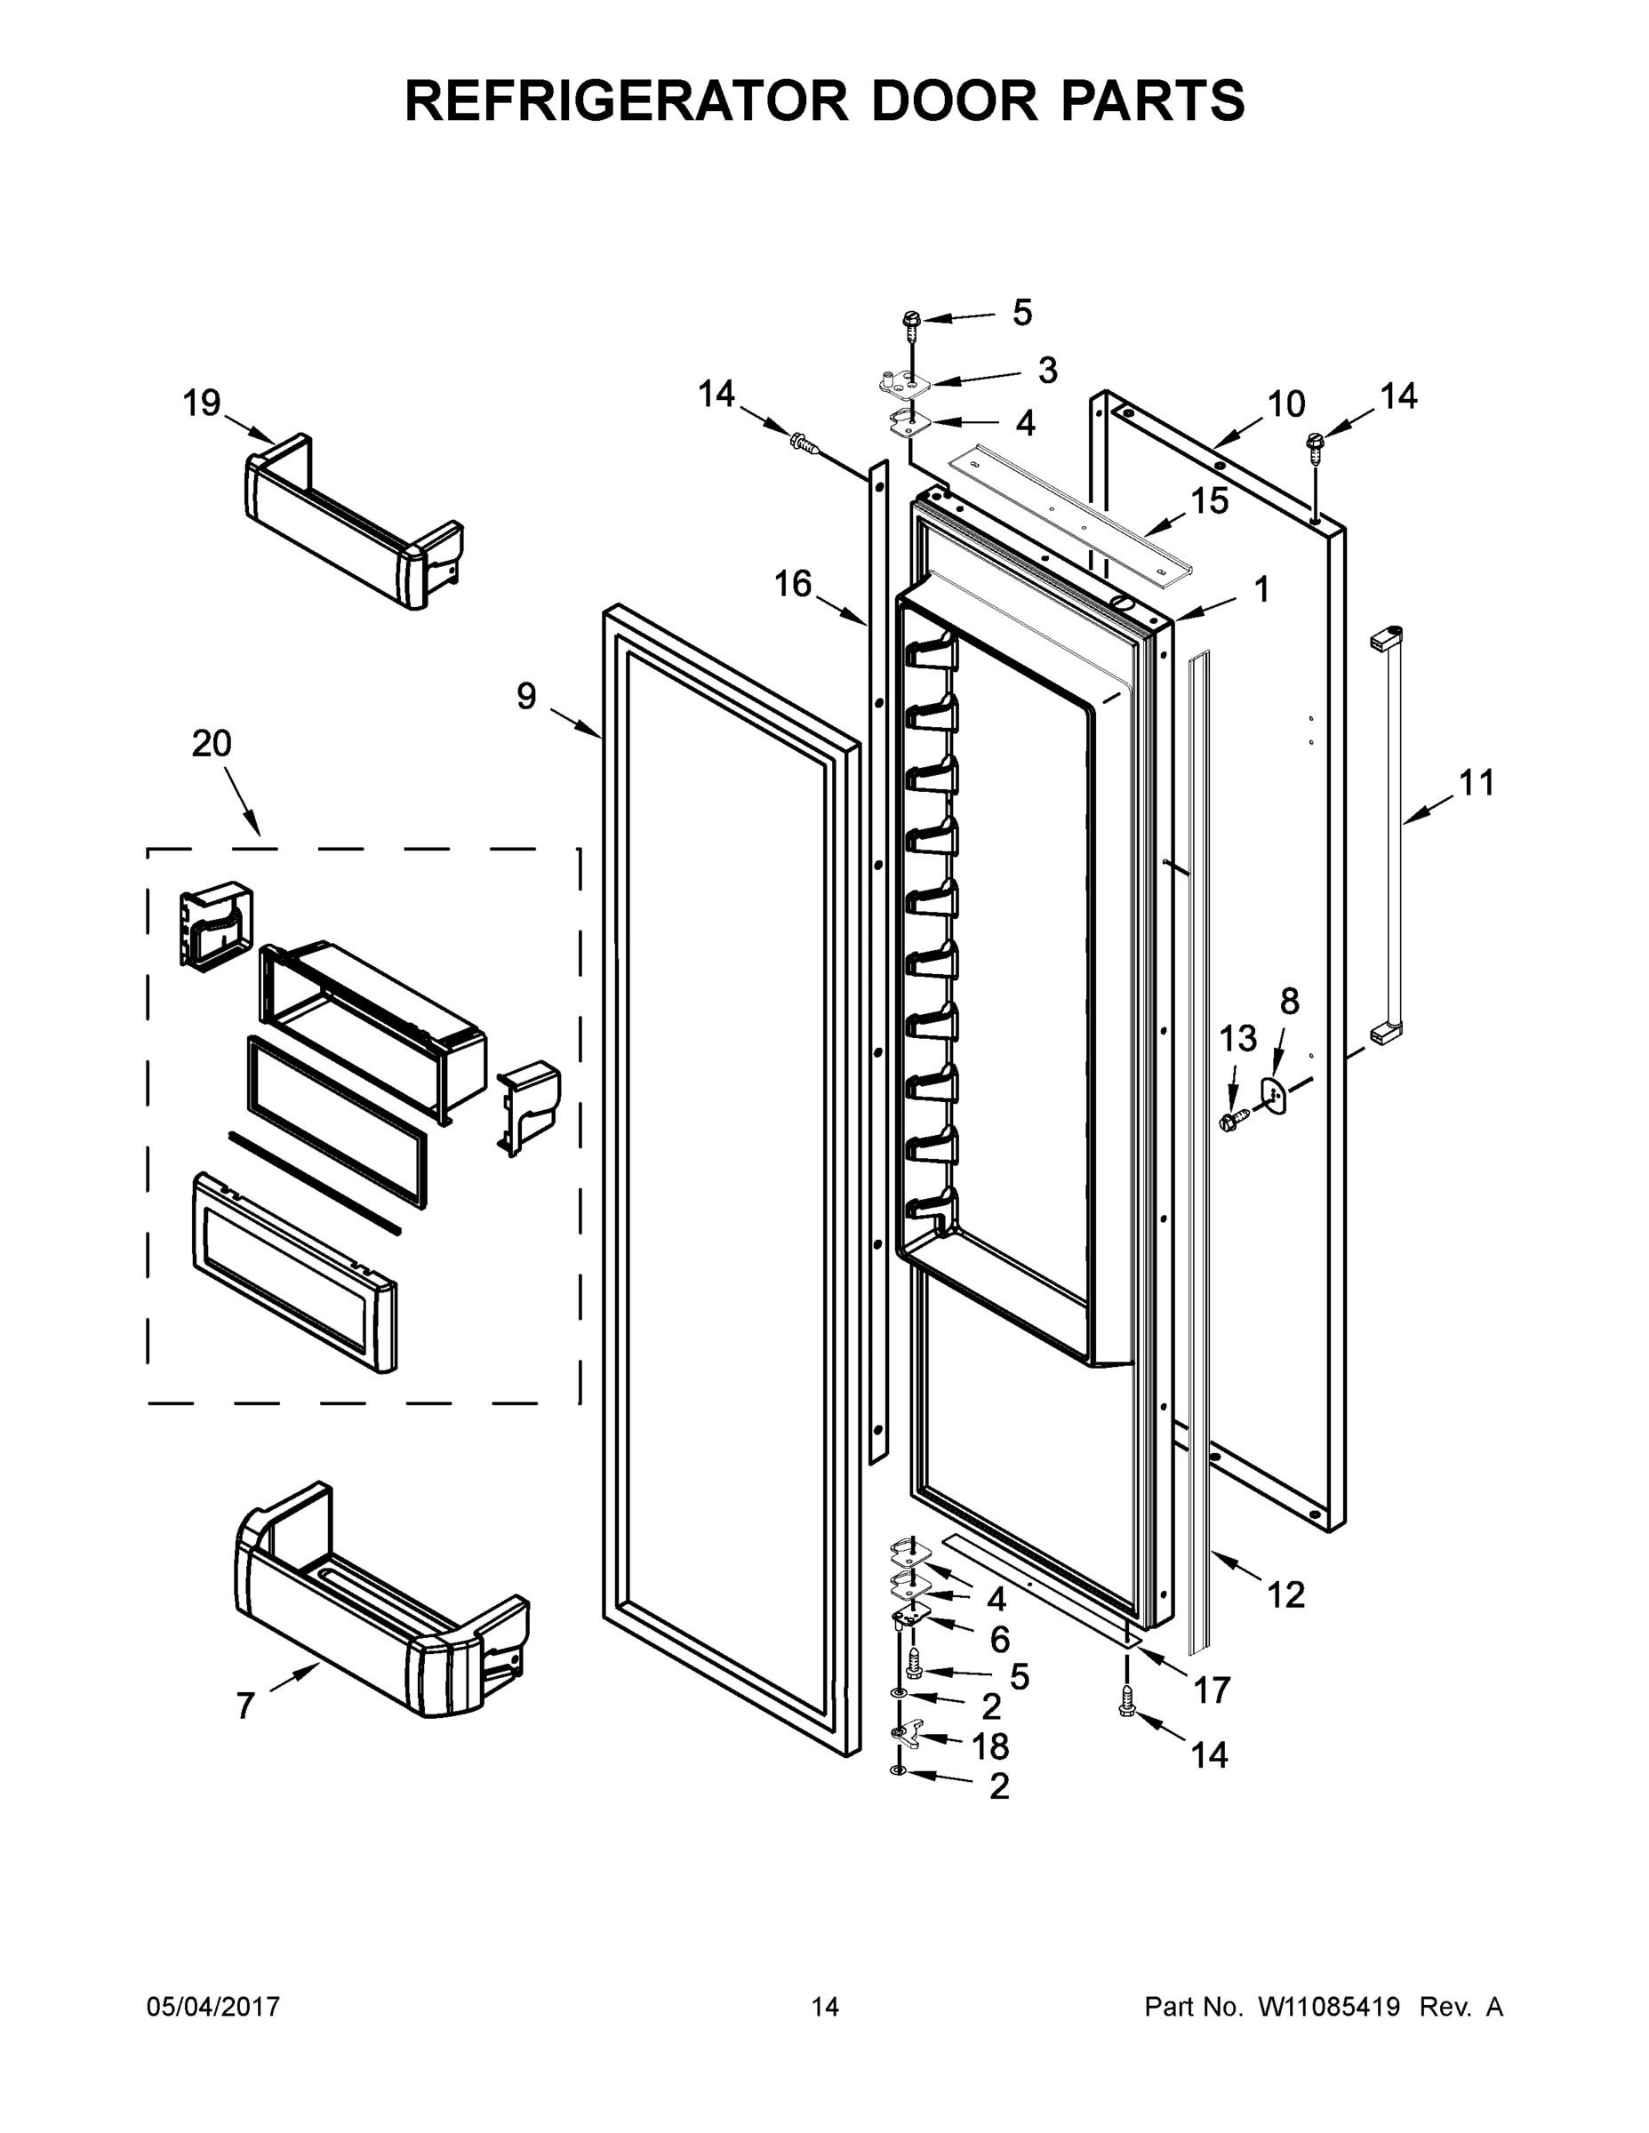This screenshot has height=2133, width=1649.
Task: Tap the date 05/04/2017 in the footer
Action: (x=213, y=2006)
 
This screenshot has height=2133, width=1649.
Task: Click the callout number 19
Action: (x=202, y=403)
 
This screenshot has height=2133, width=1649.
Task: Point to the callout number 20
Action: (x=211, y=743)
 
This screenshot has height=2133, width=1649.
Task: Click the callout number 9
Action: (x=525, y=697)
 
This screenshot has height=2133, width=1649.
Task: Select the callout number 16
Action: (x=792, y=584)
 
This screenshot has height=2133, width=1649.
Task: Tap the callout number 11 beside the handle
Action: (x=1476, y=782)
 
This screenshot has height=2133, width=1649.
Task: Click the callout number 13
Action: (x=1237, y=1038)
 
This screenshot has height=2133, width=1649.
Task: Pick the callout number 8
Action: (x=1290, y=1000)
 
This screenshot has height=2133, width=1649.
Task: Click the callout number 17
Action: (x=1212, y=1690)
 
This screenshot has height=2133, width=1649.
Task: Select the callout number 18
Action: (x=989, y=1746)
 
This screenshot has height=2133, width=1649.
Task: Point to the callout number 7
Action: (x=245, y=1706)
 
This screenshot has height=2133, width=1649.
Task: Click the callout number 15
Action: (x=1209, y=501)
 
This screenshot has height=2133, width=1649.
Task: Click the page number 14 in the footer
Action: (x=825, y=2006)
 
